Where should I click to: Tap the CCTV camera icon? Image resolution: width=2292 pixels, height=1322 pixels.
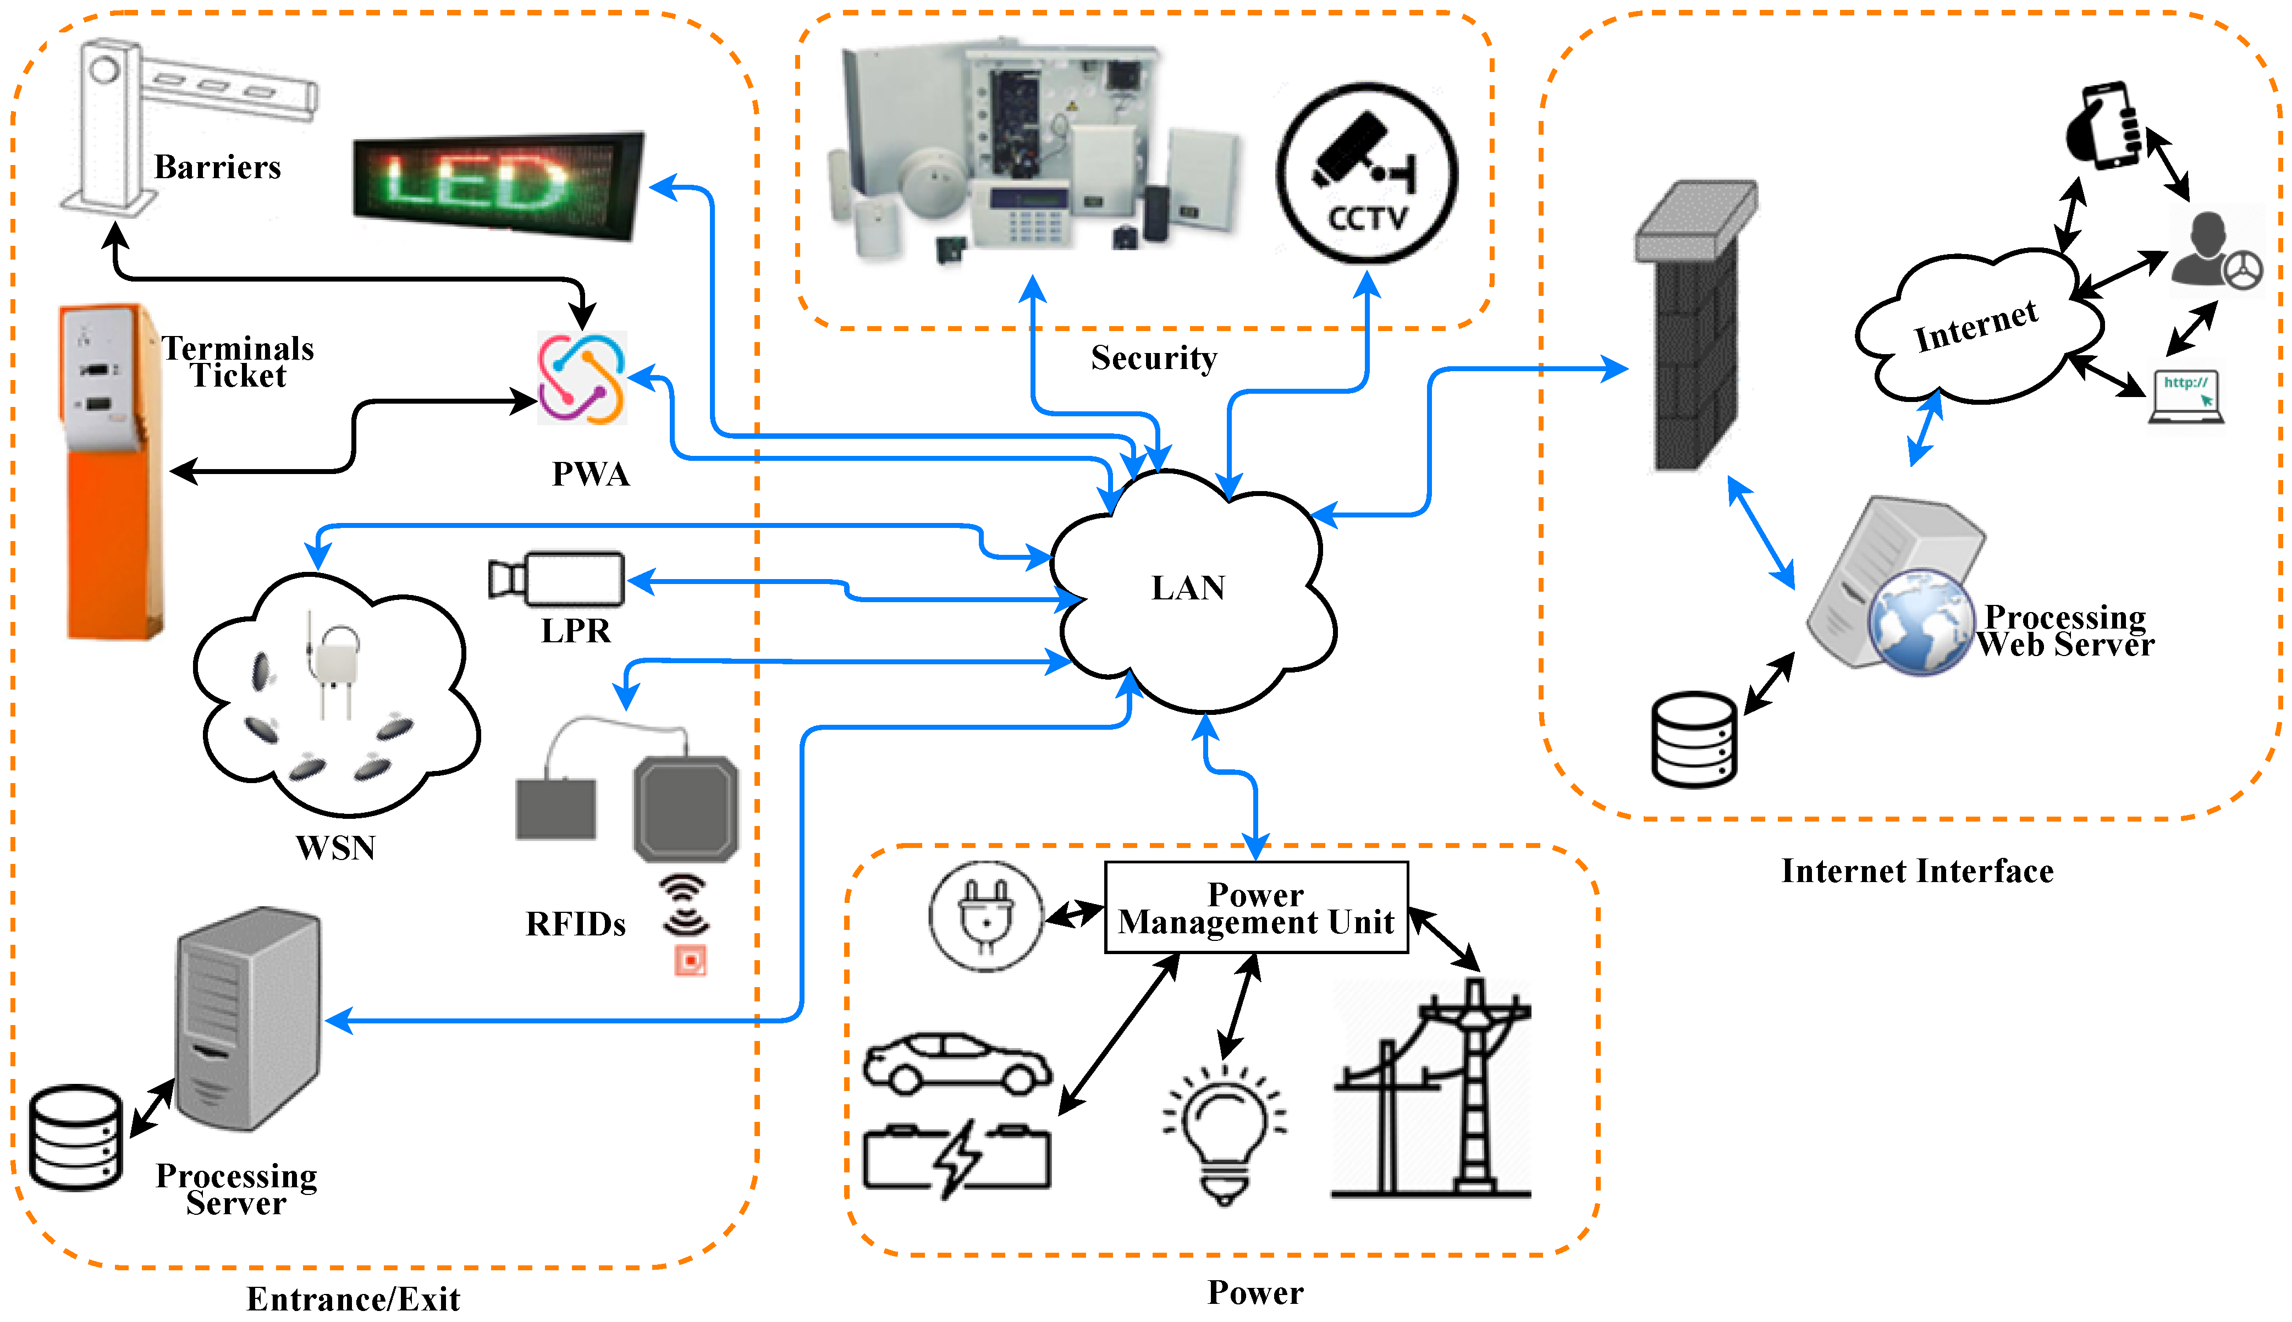1366,173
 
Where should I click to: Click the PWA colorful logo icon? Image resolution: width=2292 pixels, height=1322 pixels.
582,378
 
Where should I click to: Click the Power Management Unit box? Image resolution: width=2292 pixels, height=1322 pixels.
1255,908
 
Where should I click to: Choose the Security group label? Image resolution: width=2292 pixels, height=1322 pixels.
1154,358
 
